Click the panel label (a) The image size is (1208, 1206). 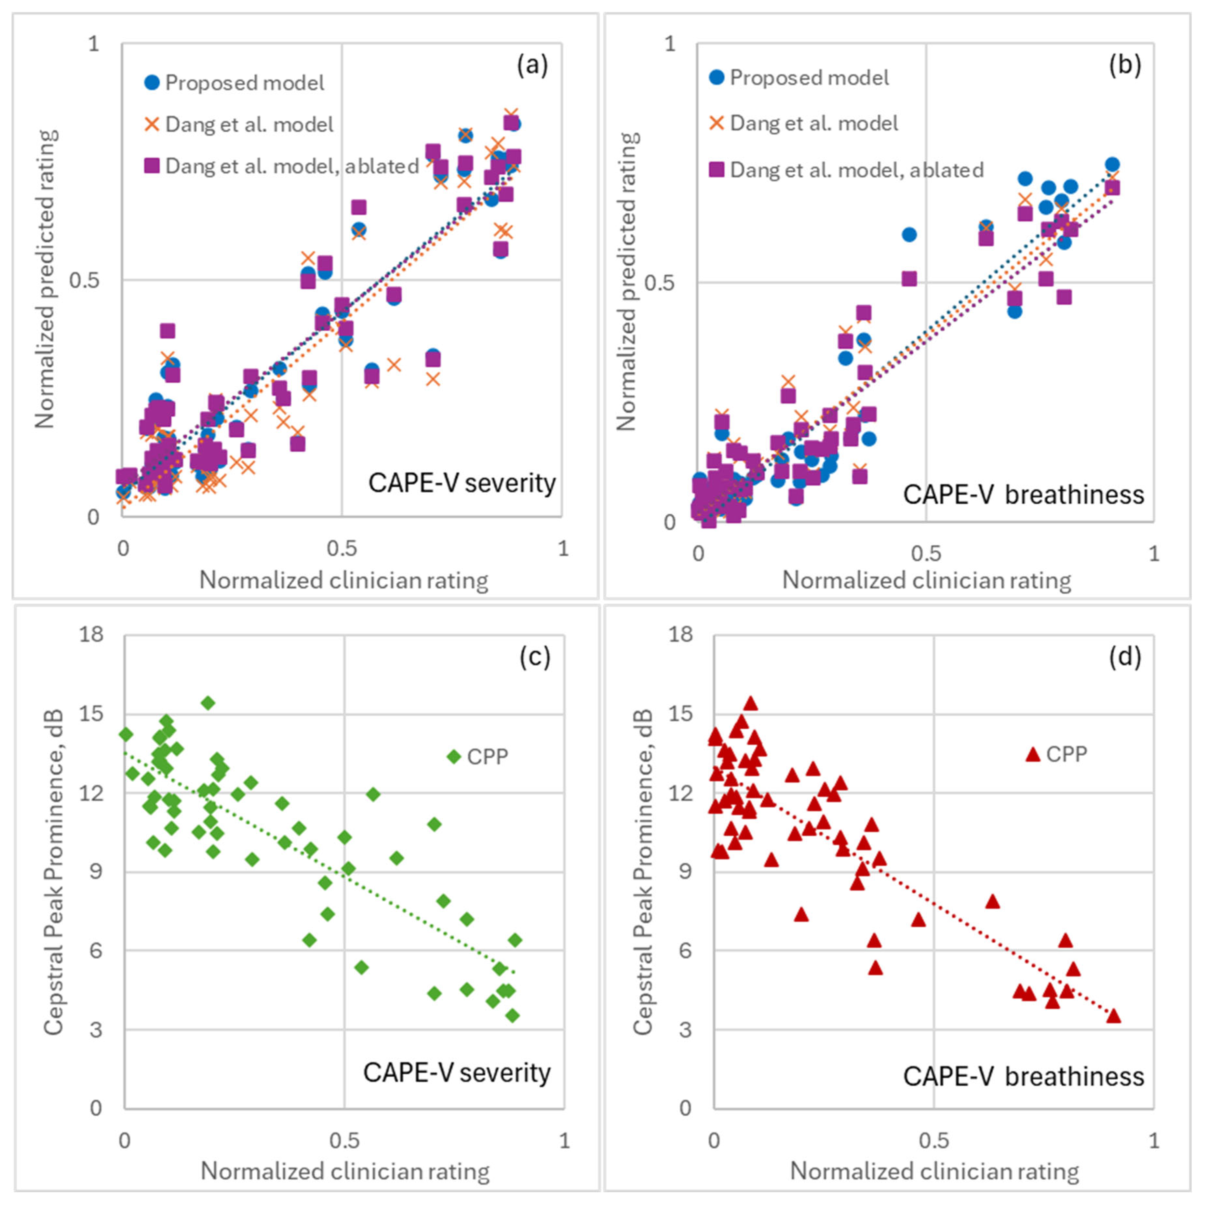pyautogui.click(x=532, y=65)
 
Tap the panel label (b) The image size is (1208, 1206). pyautogui.click(x=1125, y=65)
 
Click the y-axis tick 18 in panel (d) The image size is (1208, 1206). pyautogui.click(x=681, y=635)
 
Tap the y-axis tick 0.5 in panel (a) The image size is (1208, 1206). pyautogui.click(x=85, y=280)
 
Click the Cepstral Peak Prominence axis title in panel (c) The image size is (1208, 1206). pyautogui.click(x=54, y=872)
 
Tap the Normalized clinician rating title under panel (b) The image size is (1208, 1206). pyautogui.click(x=927, y=580)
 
